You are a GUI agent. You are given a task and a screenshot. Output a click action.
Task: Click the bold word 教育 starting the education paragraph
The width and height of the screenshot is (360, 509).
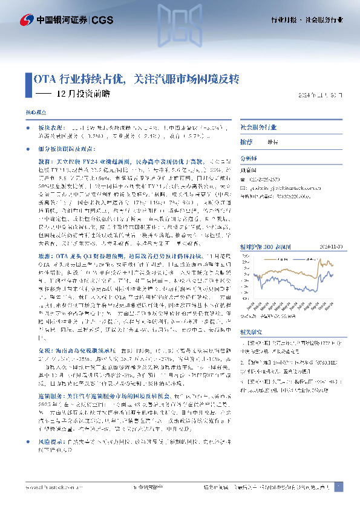(46, 163)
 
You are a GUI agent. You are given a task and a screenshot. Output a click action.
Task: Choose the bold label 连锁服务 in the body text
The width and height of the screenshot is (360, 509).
(50, 393)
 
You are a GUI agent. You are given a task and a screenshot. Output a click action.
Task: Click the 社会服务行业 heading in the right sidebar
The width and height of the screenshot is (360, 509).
(258, 128)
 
